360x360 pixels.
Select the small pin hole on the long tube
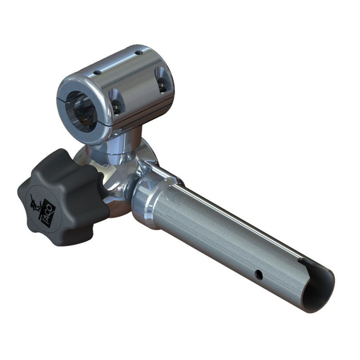coord(260,276)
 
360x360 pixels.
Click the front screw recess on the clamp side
coord(116,103)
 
